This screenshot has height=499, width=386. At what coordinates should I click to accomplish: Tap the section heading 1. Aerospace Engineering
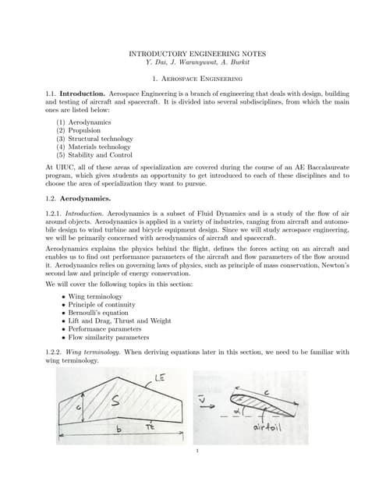(x=193, y=80)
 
